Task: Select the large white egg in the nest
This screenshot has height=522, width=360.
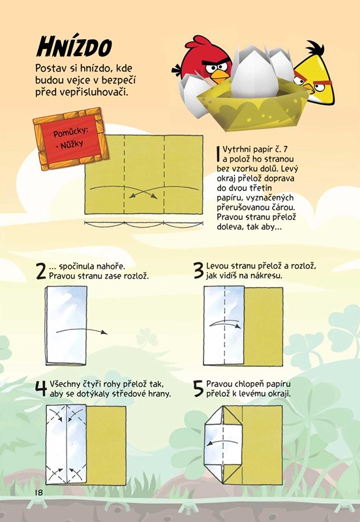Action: point(255,74)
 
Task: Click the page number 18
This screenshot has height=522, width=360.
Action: point(39,492)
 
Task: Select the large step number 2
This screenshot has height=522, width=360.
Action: point(41,271)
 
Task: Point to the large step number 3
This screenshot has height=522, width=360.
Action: point(199,270)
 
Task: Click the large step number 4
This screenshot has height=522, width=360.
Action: point(41,389)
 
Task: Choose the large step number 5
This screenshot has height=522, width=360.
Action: point(198,389)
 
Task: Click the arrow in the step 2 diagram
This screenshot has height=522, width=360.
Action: point(82,331)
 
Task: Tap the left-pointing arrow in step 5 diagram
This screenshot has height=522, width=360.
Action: point(222,442)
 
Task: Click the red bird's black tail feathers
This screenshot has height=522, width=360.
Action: point(176,70)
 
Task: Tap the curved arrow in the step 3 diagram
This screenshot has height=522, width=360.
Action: point(225,324)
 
